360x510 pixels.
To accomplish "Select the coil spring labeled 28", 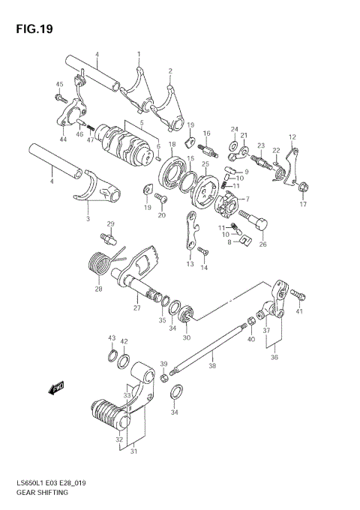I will tap(99, 264).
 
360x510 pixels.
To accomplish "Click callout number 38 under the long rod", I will tap(211, 366).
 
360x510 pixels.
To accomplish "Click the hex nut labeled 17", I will tap(304, 187).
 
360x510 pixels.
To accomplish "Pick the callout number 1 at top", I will tap(138, 54).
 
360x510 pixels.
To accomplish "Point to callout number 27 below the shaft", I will tap(136, 307).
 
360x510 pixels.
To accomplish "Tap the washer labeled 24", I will tap(234, 143).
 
